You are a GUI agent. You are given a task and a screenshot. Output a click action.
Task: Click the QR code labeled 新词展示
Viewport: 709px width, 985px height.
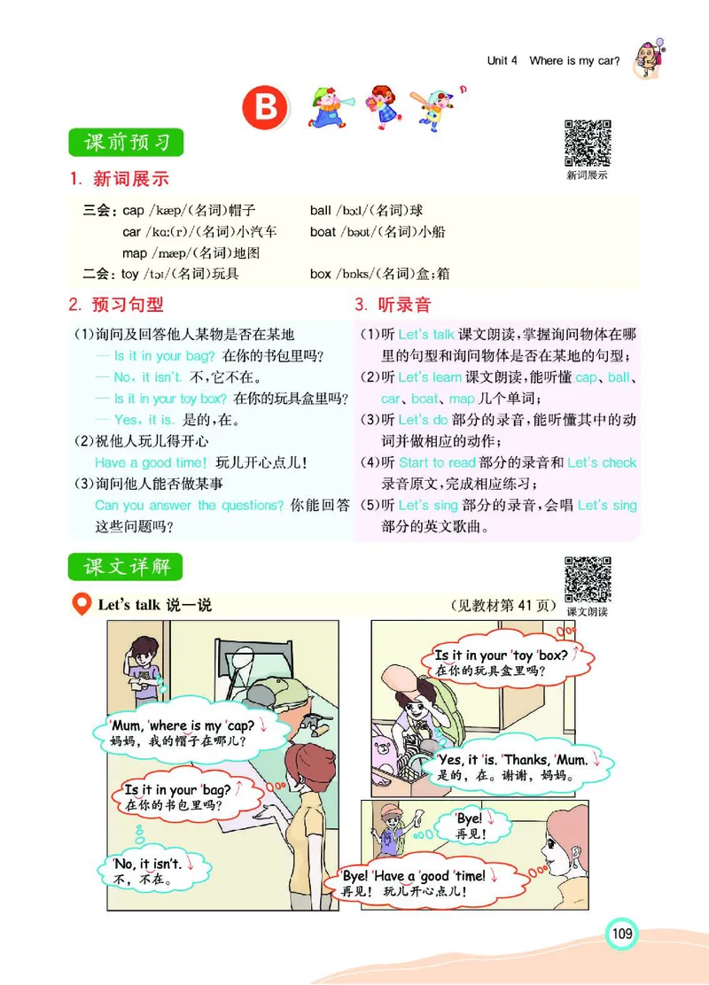click(588, 143)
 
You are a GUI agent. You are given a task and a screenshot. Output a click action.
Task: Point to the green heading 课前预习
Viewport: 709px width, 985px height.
click(126, 142)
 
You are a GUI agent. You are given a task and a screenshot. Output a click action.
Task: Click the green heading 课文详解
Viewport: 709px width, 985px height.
click(126, 566)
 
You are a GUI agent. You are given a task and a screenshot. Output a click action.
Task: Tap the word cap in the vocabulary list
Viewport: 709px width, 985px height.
click(133, 211)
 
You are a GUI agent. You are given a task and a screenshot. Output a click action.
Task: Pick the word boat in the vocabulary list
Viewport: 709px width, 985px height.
click(323, 232)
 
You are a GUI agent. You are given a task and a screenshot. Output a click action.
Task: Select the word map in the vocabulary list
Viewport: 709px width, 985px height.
click(135, 253)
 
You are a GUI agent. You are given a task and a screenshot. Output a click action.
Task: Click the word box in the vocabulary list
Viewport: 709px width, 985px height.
click(320, 275)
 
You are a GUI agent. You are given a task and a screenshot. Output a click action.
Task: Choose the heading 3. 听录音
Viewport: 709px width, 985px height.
click(393, 306)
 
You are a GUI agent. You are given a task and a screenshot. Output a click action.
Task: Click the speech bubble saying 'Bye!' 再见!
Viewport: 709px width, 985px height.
click(471, 826)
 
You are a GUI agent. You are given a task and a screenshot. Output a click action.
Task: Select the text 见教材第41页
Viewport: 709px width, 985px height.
click(502, 606)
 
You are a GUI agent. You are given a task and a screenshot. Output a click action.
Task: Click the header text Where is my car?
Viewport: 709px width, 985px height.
click(574, 61)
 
